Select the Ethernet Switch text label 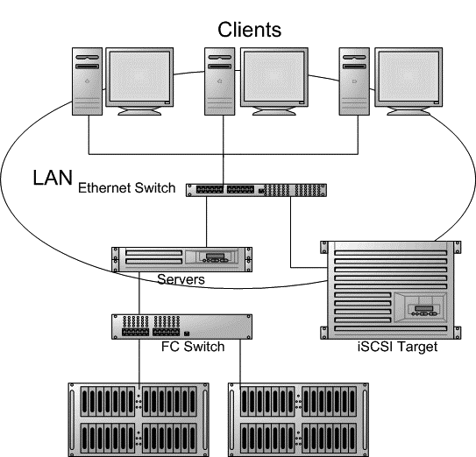[127, 187]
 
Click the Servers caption [181, 280]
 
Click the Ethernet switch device [256, 189]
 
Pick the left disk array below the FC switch [140, 418]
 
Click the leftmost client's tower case [87, 81]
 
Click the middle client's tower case [221, 81]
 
